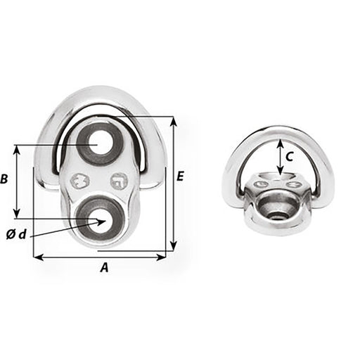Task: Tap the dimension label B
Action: pyautogui.click(x=6, y=180)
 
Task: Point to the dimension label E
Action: pyautogui.click(x=180, y=176)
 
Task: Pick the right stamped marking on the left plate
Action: pyautogui.click(x=119, y=180)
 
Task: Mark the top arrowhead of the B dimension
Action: pyautogui.click(x=16, y=149)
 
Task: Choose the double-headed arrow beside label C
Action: pyautogui.click(x=281, y=156)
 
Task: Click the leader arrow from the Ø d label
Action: pyautogui.click(x=70, y=227)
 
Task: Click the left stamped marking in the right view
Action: pyautogui.click(x=262, y=184)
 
